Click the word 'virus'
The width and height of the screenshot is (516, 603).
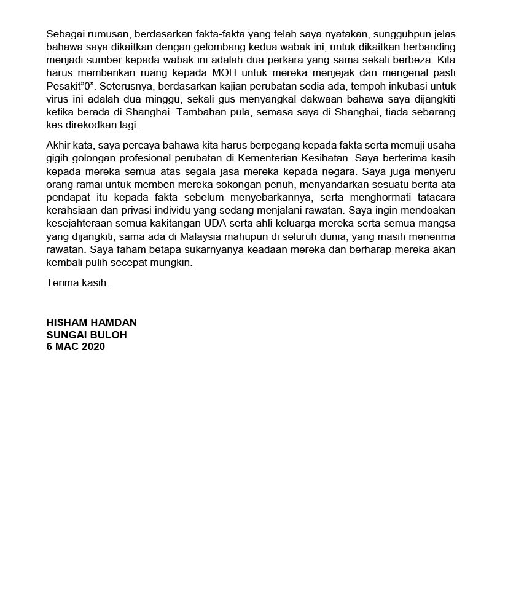(x=57, y=99)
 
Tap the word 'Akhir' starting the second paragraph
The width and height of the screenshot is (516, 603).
(x=58, y=144)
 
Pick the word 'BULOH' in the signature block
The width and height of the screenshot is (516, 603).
(x=109, y=335)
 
